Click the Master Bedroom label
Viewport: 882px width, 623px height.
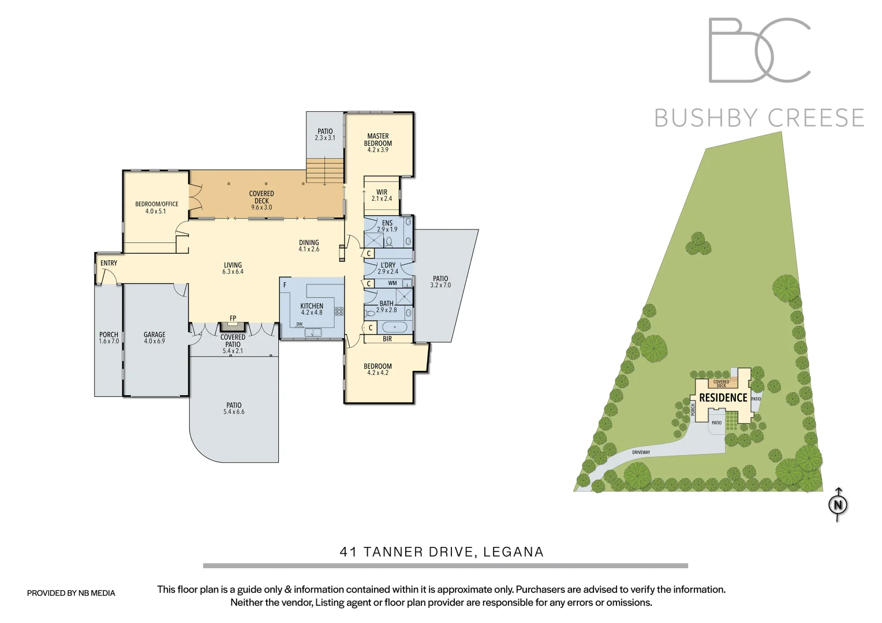(x=378, y=140)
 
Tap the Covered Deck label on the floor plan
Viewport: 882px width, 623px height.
(x=261, y=197)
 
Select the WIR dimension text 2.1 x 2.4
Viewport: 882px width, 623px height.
(x=382, y=198)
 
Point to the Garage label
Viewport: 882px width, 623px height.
(x=154, y=335)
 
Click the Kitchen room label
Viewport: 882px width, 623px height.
(x=312, y=306)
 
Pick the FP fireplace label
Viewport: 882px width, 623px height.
(x=233, y=318)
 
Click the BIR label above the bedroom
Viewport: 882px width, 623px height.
(x=387, y=339)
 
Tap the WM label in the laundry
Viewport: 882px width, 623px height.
(x=393, y=283)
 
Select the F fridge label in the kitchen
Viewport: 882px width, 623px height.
(x=285, y=285)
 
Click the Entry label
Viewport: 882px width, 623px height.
(x=109, y=263)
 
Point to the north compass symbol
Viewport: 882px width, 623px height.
(x=838, y=505)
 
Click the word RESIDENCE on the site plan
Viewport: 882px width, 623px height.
(x=723, y=398)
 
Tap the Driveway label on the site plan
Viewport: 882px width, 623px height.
(x=641, y=452)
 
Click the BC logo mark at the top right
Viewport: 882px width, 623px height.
(x=759, y=50)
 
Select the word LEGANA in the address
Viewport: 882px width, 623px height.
(x=513, y=552)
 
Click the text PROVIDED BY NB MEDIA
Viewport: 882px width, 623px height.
(x=71, y=593)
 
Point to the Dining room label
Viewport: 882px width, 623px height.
(x=309, y=243)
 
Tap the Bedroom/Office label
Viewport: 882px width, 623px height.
(x=156, y=204)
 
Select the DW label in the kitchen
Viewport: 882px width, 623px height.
(x=300, y=324)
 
